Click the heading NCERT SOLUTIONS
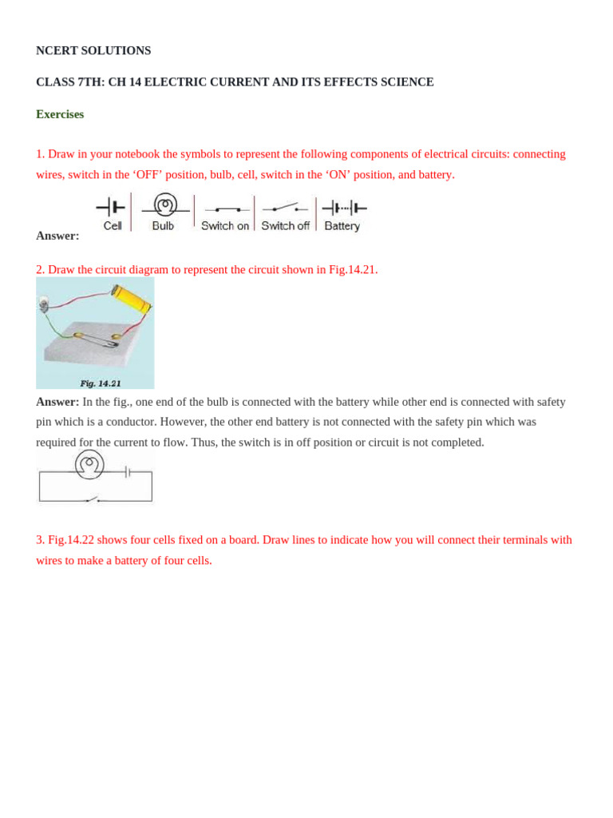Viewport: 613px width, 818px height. [x=93, y=50]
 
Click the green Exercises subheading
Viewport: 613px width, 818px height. [x=60, y=114]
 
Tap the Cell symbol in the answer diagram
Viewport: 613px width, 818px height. [x=111, y=208]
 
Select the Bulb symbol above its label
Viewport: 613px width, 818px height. [x=165, y=205]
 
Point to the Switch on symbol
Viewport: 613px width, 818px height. [x=227, y=209]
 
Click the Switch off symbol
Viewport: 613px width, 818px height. [x=286, y=208]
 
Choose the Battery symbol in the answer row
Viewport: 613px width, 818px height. [x=344, y=208]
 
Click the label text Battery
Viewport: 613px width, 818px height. [x=342, y=226]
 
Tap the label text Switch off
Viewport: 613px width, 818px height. [x=285, y=226]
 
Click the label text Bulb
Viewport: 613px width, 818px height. [x=163, y=226]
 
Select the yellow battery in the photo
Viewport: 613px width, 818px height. [x=132, y=299]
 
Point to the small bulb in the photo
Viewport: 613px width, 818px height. [x=43, y=302]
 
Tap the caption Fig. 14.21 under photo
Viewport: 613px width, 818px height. [x=101, y=383]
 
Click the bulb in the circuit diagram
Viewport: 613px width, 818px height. [x=89, y=464]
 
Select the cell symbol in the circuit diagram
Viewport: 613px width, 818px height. [x=128, y=472]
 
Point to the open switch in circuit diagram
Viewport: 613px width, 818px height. [x=93, y=500]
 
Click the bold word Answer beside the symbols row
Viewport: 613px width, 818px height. [x=57, y=236]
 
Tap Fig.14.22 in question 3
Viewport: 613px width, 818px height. [x=71, y=540]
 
